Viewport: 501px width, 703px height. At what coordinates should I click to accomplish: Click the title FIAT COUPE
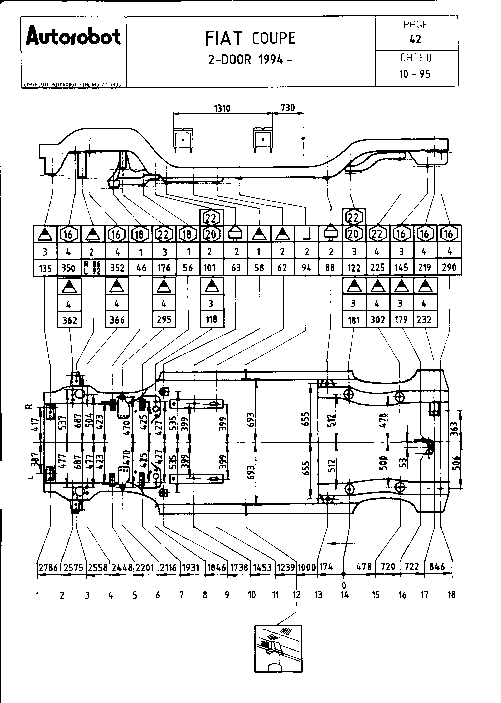[250, 38]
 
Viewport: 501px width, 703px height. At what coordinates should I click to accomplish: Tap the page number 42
[416, 39]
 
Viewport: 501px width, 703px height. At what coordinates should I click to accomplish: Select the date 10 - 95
[415, 74]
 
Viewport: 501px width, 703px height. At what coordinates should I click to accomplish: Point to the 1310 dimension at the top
[222, 108]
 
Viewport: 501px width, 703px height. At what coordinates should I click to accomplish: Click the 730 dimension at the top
[288, 108]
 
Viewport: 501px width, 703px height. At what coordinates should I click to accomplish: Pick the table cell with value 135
[45, 268]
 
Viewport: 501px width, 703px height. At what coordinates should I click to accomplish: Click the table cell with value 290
[449, 268]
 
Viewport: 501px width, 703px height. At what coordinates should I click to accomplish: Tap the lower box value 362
[70, 320]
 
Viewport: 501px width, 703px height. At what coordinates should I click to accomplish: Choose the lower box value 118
[211, 319]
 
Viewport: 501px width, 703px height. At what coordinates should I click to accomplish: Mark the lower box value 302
[378, 320]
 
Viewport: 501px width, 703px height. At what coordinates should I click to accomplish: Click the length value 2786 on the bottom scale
[48, 567]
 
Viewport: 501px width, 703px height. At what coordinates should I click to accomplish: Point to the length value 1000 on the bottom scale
[306, 567]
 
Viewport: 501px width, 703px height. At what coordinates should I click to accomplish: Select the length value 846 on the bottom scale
[437, 567]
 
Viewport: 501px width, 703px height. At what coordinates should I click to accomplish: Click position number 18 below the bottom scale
[452, 595]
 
